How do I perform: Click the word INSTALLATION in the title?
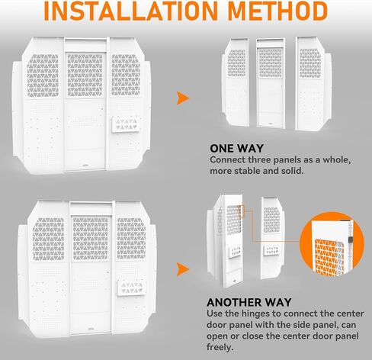[131, 11]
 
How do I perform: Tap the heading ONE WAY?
[237, 149]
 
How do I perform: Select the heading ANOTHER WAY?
[249, 302]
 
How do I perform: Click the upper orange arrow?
[183, 98]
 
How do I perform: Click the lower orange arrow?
[183, 269]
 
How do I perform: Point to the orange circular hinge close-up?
[332, 244]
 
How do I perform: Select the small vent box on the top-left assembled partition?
[126, 124]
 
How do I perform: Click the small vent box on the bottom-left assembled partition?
[131, 288]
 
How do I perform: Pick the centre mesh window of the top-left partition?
[85, 75]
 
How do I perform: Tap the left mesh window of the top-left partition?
[43, 76]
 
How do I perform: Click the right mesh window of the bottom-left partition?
[131, 238]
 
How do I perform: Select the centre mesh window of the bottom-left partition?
[91, 239]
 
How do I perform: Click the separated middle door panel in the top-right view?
[271, 83]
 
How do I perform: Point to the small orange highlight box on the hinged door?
[242, 211]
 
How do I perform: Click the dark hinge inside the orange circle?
[351, 240]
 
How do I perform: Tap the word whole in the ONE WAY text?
[337, 160]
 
